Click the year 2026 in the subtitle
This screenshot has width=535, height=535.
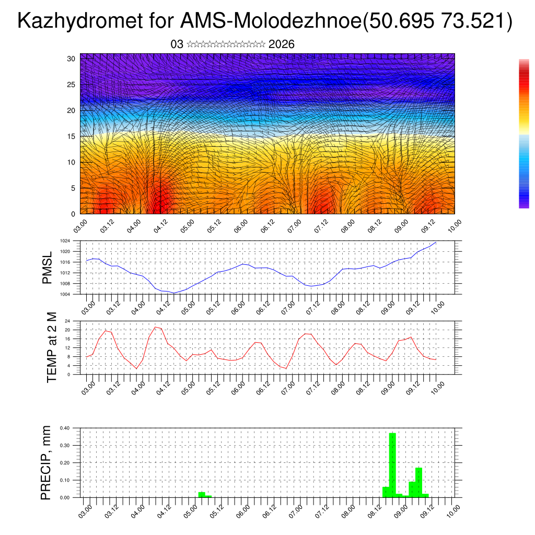[x=281, y=44]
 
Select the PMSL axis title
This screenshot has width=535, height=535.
[x=48, y=267]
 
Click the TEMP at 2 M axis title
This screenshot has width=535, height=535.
[x=52, y=347]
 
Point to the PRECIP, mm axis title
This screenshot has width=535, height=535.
[x=46, y=463]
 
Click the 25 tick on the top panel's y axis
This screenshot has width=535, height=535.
[x=72, y=85]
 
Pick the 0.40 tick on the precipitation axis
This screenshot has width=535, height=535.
[x=64, y=428]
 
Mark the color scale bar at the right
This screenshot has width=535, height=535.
[x=524, y=134]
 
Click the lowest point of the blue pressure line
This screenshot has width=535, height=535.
[x=174, y=293]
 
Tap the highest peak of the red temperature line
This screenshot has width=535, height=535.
[x=155, y=327]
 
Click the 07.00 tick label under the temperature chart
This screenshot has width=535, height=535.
[x=288, y=388]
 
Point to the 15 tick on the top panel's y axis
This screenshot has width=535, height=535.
[x=72, y=136]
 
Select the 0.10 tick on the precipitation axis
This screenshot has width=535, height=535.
[x=64, y=480]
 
